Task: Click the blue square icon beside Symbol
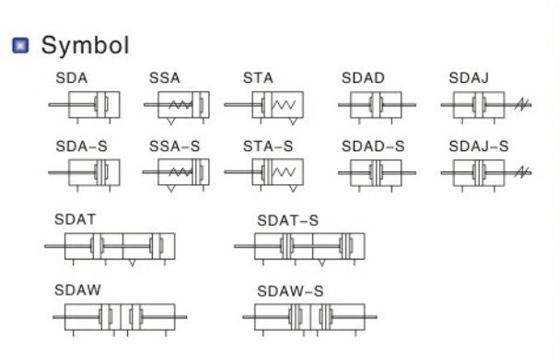point(20,45)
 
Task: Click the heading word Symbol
point(86,45)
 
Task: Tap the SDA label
point(72,78)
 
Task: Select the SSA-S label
point(175,146)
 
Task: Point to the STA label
point(258,78)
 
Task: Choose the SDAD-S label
point(373,146)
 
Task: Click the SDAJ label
point(469,78)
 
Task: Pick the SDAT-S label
point(287,221)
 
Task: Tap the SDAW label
point(77,290)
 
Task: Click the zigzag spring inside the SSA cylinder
point(181,104)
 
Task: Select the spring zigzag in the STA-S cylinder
point(284,172)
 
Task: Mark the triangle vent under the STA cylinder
point(293,122)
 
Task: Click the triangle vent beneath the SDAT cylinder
point(133,262)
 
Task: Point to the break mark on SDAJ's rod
point(522,104)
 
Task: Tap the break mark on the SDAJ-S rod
point(522,172)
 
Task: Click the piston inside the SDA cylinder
point(101,104)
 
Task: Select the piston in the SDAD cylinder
point(376,104)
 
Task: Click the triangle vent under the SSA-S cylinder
point(171,189)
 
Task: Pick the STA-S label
point(268,146)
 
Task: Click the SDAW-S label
point(290,292)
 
